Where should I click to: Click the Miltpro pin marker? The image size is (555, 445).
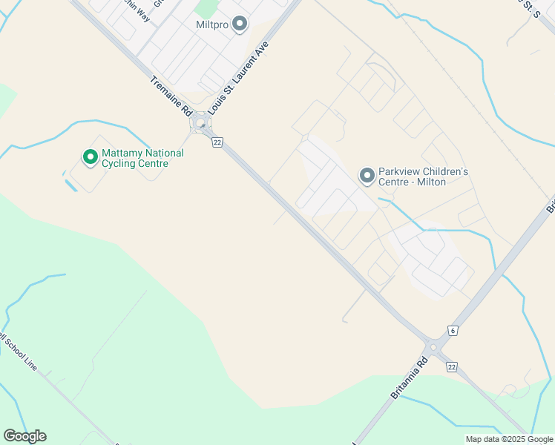click(x=240, y=24)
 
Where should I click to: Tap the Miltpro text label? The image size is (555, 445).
click(x=211, y=25)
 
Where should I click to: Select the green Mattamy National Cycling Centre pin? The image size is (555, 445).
click(x=90, y=157)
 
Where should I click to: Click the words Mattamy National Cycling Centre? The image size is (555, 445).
click(x=142, y=158)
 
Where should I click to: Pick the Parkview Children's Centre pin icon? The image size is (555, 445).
click(x=367, y=176)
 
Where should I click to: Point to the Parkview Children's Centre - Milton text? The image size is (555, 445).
click(x=423, y=177)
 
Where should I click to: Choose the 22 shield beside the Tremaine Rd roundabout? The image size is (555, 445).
click(x=217, y=142)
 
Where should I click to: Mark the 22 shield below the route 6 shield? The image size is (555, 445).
click(x=452, y=366)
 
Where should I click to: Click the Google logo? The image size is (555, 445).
click(x=24, y=436)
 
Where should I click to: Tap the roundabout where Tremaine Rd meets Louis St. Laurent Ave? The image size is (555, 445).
click(x=200, y=123)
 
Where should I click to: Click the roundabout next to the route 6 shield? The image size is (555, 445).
click(x=433, y=347)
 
